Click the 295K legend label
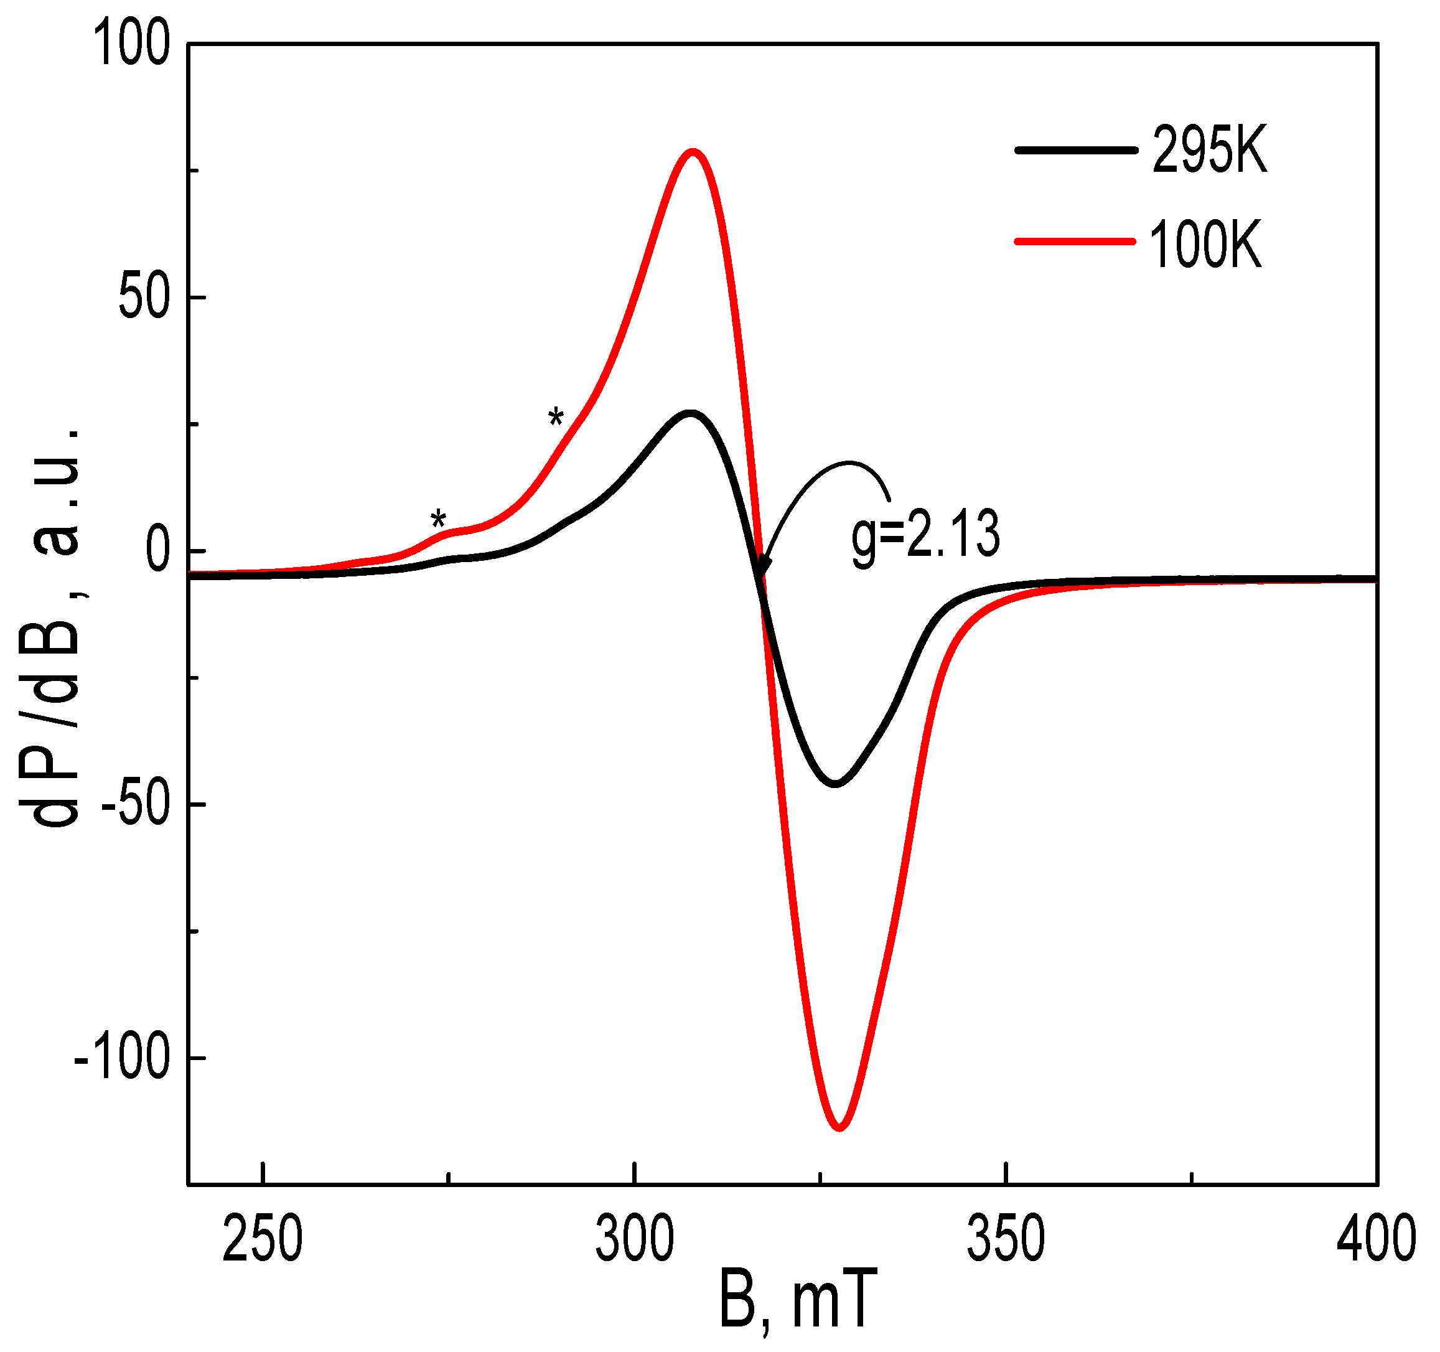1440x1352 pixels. [x=1209, y=150]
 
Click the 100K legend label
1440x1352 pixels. [x=1205, y=245]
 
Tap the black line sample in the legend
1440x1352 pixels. [x=1077, y=150]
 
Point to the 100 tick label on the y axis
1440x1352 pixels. [x=131, y=44]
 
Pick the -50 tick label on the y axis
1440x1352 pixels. [x=136, y=804]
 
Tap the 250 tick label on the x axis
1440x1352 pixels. [x=262, y=1239]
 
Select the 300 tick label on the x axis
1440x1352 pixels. [x=635, y=1239]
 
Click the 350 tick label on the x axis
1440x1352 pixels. [x=1006, y=1239]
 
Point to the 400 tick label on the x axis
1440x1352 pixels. [x=1377, y=1239]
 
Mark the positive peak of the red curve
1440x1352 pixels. [x=693, y=152]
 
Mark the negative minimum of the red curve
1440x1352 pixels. [x=839, y=1127]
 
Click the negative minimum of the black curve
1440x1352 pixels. [x=836, y=783]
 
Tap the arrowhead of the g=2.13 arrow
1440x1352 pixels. [x=762, y=569]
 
